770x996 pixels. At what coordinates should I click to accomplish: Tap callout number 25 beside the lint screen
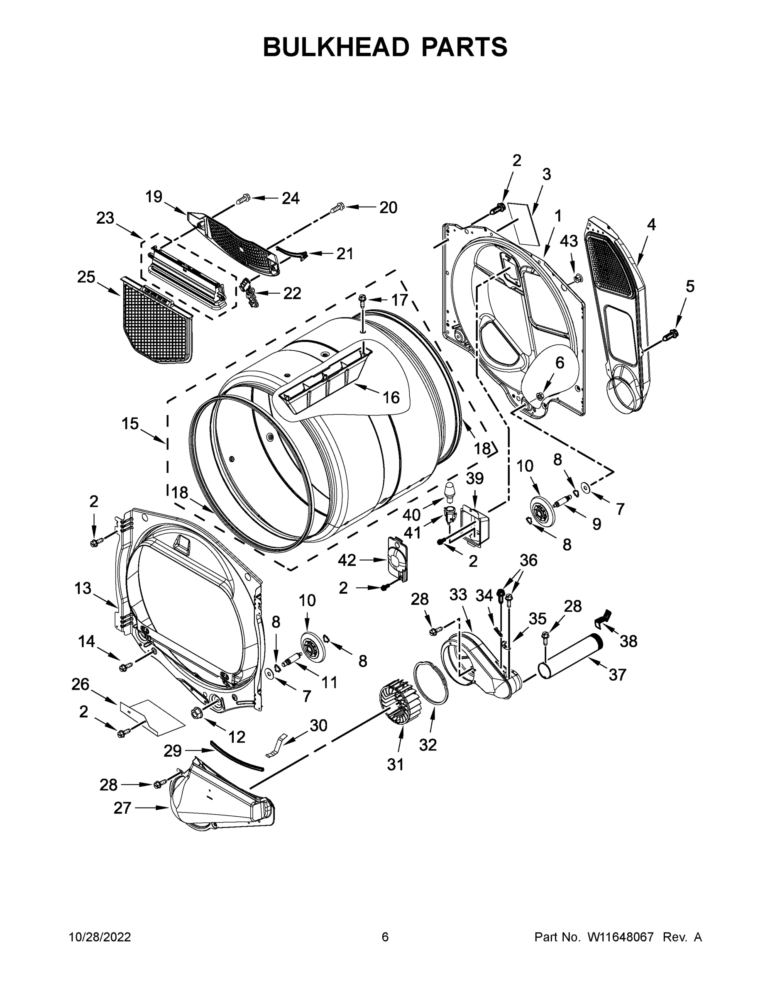pyautogui.click(x=86, y=276)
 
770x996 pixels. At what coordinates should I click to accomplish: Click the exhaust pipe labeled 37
pyautogui.click(x=570, y=655)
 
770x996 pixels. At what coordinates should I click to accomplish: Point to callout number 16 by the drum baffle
pyautogui.click(x=391, y=397)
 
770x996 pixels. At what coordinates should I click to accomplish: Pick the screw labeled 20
pyautogui.click(x=337, y=208)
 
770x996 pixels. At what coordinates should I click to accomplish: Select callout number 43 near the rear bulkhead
pyautogui.click(x=569, y=241)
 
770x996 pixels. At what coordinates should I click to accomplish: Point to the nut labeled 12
pyautogui.click(x=198, y=713)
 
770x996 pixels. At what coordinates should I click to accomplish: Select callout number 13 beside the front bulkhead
pyautogui.click(x=83, y=588)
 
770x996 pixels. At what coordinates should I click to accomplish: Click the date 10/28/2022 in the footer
pyautogui.click(x=100, y=937)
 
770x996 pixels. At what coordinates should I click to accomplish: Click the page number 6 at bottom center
pyautogui.click(x=385, y=937)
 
